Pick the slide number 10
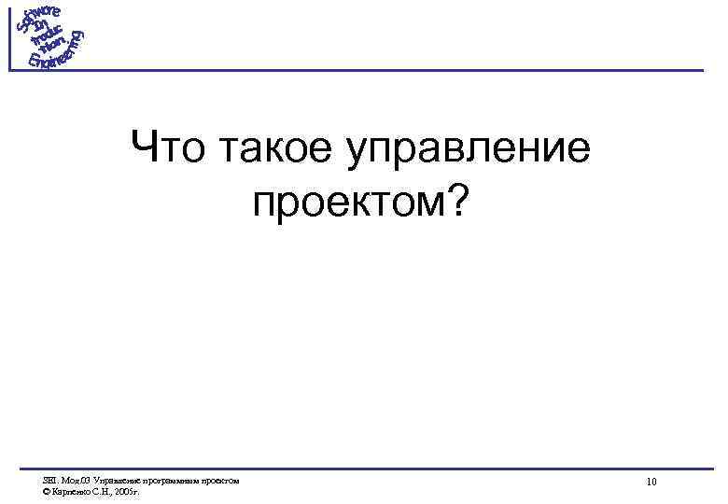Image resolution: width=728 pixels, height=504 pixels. tap(651, 482)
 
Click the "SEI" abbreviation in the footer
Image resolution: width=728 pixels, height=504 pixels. tap(49, 480)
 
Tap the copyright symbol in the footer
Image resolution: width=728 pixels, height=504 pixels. tap(46, 490)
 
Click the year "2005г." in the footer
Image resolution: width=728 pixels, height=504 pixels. tap(124, 490)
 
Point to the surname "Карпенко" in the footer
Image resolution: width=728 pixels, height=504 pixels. tap(69, 490)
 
